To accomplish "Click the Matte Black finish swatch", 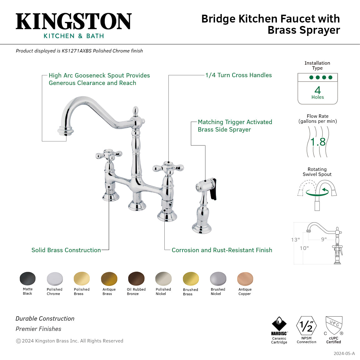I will (27, 278).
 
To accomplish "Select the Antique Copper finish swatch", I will (245, 279).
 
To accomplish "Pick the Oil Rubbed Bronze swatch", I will (136, 279).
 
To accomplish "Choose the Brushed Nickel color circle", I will (218, 279).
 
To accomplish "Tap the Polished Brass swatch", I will (82, 279).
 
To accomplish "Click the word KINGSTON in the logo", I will (74, 22).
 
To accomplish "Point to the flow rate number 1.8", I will (318, 142).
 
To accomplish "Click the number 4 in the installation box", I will (317, 90).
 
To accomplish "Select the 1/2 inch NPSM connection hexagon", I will (306, 326).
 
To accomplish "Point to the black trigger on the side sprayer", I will (213, 189).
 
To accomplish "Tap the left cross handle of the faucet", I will (108, 154).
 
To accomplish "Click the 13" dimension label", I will (295, 240).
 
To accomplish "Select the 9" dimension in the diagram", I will (324, 239).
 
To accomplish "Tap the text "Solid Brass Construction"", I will (66, 250).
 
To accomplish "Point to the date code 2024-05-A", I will (344, 353).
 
